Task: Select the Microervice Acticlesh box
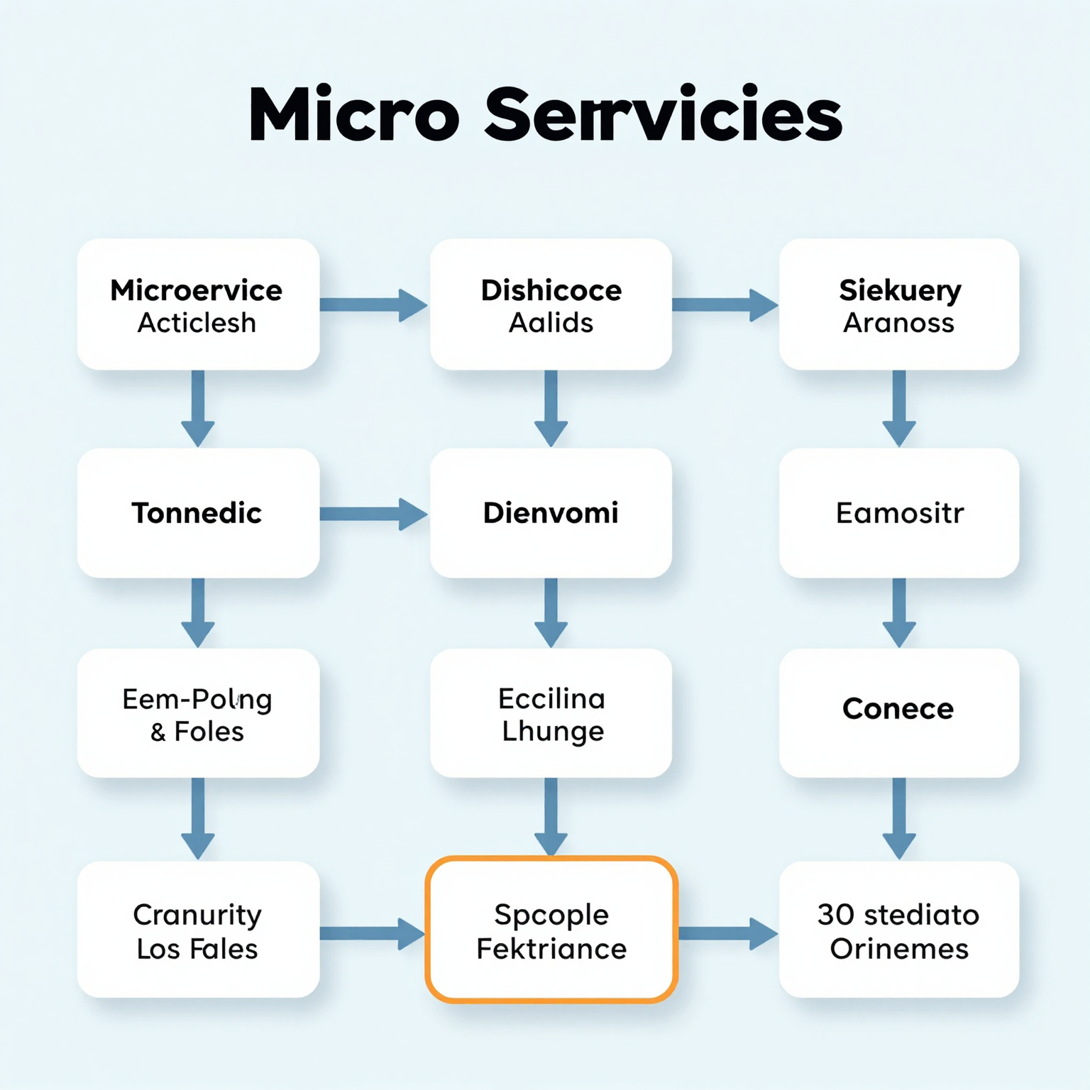click(198, 304)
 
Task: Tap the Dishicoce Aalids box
click(551, 304)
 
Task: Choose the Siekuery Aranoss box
click(898, 304)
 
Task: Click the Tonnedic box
click(198, 512)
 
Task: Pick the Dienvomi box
click(551, 512)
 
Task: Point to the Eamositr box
click(898, 512)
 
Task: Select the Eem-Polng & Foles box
click(198, 713)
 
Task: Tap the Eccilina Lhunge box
click(551, 713)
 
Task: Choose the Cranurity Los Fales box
click(198, 930)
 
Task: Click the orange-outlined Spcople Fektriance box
click(551, 930)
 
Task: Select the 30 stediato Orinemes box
click(898, 930)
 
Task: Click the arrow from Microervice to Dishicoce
click(373, 305)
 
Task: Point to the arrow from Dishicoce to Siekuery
click(724, 305)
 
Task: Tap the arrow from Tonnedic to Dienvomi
click(373, 514)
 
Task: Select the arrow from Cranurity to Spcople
click(372, 933)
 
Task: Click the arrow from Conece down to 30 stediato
click(898, 818)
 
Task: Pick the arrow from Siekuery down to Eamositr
click(898, 408)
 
